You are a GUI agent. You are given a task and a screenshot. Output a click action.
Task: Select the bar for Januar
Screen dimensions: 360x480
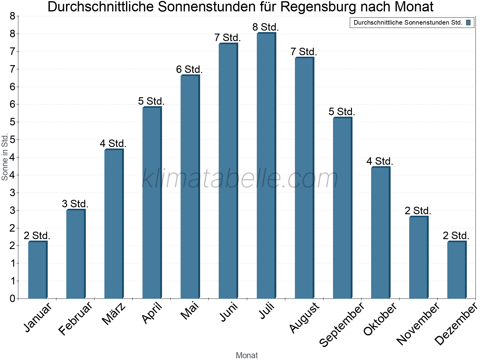coord(37,270)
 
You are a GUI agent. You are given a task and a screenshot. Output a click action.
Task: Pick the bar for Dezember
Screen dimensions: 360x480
coord(457,270)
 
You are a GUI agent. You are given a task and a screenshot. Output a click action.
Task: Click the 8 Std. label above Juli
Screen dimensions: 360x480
coord(266,27)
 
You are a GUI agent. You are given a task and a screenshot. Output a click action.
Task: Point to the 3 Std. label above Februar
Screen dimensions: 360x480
coord(75,204)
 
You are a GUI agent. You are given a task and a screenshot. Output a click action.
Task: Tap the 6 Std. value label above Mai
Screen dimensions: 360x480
coord(189,70)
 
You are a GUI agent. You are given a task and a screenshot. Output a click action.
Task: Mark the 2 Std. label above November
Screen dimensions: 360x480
coord(418,211)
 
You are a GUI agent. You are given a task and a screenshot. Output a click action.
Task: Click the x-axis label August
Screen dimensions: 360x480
coord(304,317)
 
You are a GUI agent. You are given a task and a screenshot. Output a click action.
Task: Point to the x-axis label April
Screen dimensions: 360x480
coord(152,313)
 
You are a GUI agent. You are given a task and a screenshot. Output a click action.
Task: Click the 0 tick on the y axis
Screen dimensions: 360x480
coord(12,298)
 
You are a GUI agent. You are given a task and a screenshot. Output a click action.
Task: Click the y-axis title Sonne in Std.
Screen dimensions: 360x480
coord(5,157)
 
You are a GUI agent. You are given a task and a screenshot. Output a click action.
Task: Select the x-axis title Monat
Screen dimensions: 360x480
coord(247,355)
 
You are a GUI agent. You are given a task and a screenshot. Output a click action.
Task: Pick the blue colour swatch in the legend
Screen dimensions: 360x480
coord(468,22)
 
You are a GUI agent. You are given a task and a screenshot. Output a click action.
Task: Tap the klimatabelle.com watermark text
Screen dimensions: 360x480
coord(240,178)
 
